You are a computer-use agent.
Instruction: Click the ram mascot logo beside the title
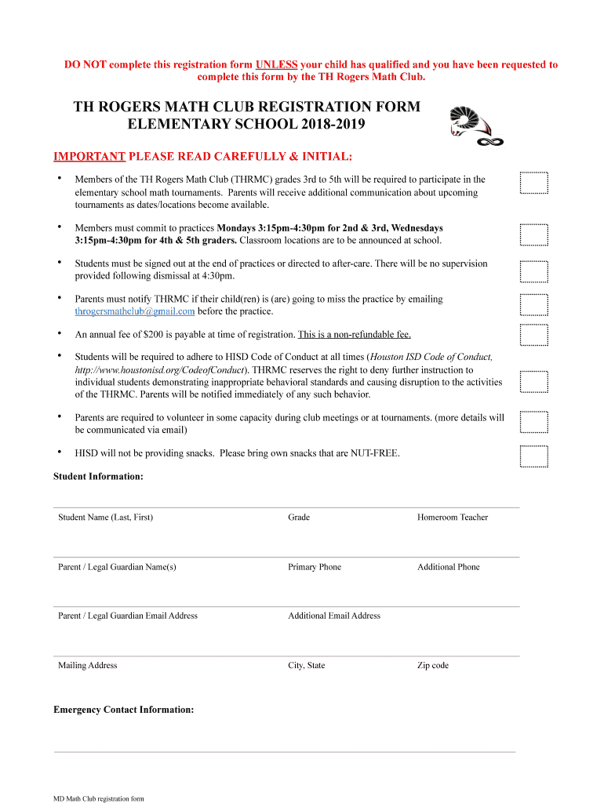pyautogui.click(x=473, y=125)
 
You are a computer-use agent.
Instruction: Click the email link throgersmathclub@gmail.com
pyautogui.click(x=134, y=311)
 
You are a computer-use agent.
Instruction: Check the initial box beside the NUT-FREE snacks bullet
pyautogui.click(x=534, y=456)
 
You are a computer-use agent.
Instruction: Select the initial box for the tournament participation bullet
pyautogui.click(x=534, y=183)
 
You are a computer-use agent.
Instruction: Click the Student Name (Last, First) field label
pyautogui.click(x=105, y=518)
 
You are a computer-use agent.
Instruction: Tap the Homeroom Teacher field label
pyautogui.click(x=452, y=518)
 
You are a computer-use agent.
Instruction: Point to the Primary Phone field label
pyautogui.click(x=314, y=567)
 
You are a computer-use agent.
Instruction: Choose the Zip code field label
pyautogui.click(x=432, y=666)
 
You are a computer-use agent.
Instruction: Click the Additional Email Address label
pyautogui.click(x=333, y=616)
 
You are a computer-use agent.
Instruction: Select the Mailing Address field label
pyautogui.click(x=87, y=666)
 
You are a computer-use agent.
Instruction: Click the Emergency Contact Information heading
pyautogui.click(x=123, y=710)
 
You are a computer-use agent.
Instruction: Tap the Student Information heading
pyautogui.click(x=98, y=477)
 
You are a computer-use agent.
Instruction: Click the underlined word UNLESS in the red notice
pyautogui.click(x=276, y=65)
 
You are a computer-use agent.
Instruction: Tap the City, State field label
pyautogui.click(x=306, y=666)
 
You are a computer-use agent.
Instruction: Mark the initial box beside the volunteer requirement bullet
pyautogui.click(x=534, y=423)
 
